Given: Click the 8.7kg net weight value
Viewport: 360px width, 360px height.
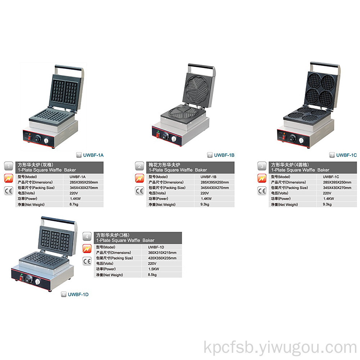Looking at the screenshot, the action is (x=74, y=204).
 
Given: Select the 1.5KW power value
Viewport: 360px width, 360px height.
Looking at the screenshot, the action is (x=154, y=269).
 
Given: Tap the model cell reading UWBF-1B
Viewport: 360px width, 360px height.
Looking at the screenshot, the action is (x=208, y=177).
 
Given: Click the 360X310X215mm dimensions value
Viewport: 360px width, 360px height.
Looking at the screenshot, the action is (x=162, y=253).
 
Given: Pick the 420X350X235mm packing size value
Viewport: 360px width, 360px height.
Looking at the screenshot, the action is (x=162, y=258).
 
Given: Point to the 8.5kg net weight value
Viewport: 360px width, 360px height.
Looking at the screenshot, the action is (x=152, y=275).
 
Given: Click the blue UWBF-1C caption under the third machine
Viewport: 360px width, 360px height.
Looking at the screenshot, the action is (x=346, y=155).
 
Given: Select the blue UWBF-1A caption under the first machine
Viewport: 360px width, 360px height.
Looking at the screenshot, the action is (x=93, y=155).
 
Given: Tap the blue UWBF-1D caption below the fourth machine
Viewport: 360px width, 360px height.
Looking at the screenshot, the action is (x=78, y=294).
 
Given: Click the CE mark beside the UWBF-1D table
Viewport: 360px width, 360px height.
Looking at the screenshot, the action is (x=87, y=261).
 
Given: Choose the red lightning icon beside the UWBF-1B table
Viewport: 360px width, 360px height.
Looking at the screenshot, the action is (x=139, y=179).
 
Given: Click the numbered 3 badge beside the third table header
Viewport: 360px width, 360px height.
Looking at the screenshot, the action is (x=262, y=166).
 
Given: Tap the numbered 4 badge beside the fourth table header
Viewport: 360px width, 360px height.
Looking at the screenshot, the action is (x=87, y=237).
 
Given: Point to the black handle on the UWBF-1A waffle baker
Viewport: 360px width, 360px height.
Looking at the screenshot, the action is (x=69, y=68).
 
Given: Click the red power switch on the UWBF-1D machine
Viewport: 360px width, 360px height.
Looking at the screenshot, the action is (x=21, y=279).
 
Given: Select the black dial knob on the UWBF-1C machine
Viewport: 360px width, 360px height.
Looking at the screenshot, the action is (x=292, y=138).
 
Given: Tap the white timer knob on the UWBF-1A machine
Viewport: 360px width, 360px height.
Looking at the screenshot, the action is (x=46, y=141).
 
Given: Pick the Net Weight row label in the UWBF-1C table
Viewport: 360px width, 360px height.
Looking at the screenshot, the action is (x=284, y=204).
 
